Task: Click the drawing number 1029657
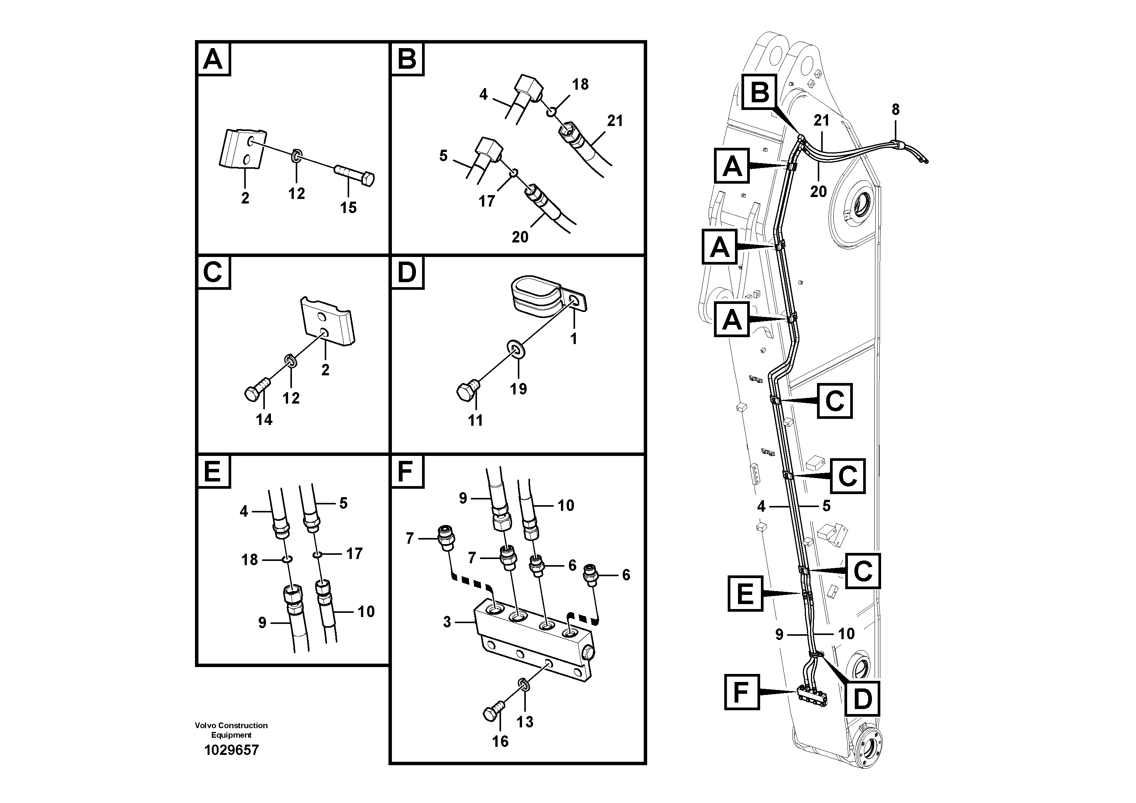tap(231, 750)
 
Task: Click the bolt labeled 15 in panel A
tap(355, 176)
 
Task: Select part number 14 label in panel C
tap(264, 420)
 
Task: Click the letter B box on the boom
tap(760, 92)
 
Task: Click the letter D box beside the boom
tap(862, 699)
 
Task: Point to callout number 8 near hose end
tap(896, 110)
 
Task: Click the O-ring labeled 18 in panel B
tap(551, 113)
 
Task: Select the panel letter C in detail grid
tap(213, 272)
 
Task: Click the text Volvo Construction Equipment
tap(231, 730)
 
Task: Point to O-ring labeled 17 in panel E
tap(317, 555)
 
